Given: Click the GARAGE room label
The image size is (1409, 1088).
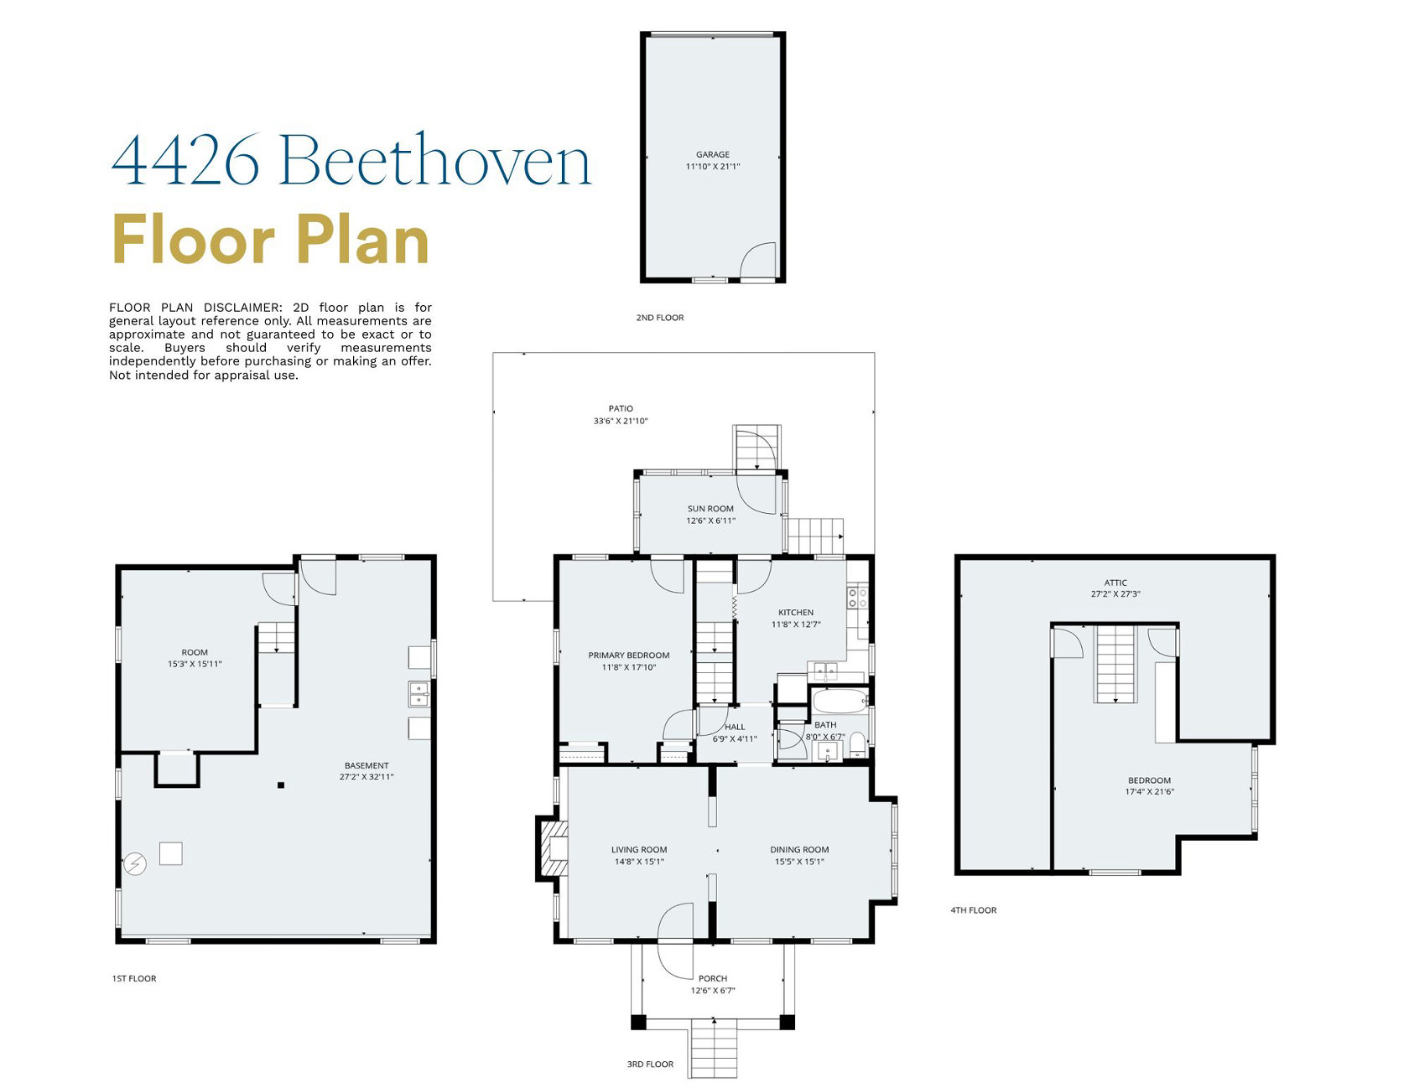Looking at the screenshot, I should tap(712, 154).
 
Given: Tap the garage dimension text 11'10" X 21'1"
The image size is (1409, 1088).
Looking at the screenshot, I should tap(712, 167).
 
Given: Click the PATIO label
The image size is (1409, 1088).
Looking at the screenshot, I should tap(621, 408).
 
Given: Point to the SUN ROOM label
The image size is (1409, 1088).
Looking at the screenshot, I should tap(710, 509).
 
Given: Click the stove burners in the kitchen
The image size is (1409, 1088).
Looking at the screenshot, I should tap(857, 598).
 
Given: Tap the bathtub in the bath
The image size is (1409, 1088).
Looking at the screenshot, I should tap(840, 701).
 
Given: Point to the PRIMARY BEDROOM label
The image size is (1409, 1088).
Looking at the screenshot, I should tap(629, 655).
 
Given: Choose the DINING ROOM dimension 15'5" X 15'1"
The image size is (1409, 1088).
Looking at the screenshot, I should tap(799, 862).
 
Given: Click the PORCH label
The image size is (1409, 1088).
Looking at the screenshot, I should tap(713, 978).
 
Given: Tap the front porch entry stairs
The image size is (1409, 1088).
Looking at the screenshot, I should tap(714, 1049).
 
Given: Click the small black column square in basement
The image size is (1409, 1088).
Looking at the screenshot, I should tap(281, 785).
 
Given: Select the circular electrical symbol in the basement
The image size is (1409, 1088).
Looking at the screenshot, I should tap(135, 863).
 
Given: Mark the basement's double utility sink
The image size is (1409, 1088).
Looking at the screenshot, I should tap(419, 694).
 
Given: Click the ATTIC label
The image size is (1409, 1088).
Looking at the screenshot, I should tap(1115, 583).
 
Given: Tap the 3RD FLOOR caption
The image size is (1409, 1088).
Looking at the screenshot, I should tap(650, 1065).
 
